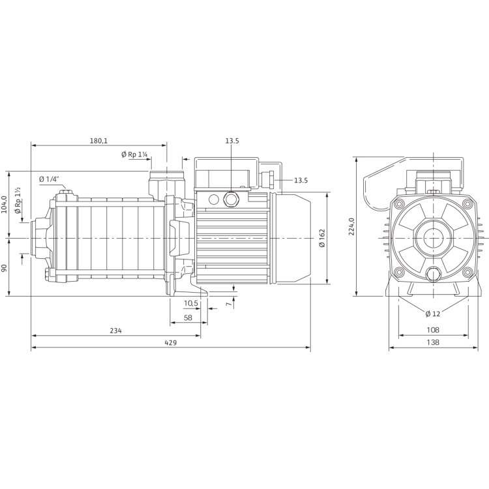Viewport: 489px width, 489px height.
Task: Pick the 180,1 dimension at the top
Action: (98, 140)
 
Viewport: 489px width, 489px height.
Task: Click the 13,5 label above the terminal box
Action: (231, 140)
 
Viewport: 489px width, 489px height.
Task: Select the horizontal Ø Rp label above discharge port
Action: (134, 155)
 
